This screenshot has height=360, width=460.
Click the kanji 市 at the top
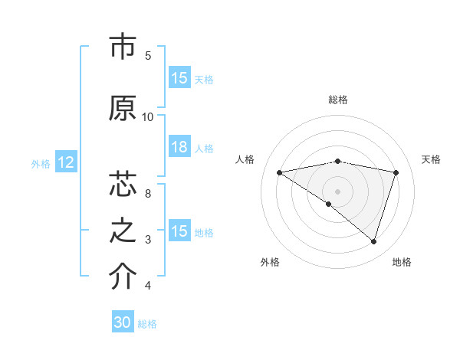click(x=123, y=47)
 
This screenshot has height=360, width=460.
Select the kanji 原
click(x=123, y=108)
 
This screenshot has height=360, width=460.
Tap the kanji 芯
click(x=123, y=185)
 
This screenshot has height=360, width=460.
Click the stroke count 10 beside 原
click(x=148, y=116)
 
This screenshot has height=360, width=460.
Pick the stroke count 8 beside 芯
click(x=148, y=194)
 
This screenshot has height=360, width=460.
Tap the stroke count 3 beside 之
click(x=148, y=240)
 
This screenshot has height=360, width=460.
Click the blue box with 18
click(x=179, y=147)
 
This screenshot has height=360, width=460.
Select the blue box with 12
click(x=65, y=162)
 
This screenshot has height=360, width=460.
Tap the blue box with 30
click(x=123, y=322)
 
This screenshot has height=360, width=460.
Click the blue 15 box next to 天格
click(x=179, y=78)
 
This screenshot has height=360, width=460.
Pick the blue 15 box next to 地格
click(x=179, y=231)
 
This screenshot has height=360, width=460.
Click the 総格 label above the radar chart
click(x=338, y=100)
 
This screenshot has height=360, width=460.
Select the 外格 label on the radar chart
click(x=270, y=262)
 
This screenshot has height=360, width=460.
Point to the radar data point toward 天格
click(x=396, y=172)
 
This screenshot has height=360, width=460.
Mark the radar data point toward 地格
click(x=374, y=241)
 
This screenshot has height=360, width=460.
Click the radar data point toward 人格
click(x=279, y=172)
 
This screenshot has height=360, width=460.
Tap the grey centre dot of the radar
click(x=337, y=190)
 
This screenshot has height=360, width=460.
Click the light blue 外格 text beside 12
click(x=40, y=163)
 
